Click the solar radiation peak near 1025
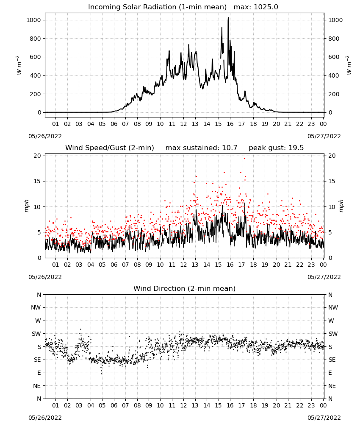[228, 18]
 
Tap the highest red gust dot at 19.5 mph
[245, 159]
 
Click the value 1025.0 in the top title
[266, 7]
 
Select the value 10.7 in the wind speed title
[230, 148]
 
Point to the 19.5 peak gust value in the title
[296, 148]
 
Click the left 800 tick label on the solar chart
[36, 39]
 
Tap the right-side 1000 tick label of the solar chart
[335, 20]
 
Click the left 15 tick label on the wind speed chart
[37, 181]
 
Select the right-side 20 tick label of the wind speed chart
[332, 156]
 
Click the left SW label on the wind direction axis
[36, 334]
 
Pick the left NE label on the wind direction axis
[37, 386]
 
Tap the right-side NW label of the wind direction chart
[333, 307]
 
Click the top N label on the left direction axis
[39, 295]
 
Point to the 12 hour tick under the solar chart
[183, 124]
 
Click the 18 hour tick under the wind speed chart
[253, 265]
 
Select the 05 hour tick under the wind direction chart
[102, 405]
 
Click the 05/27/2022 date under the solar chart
[324, 136]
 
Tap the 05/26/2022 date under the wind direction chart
[45, 418]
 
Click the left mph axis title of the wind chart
[26, 206]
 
